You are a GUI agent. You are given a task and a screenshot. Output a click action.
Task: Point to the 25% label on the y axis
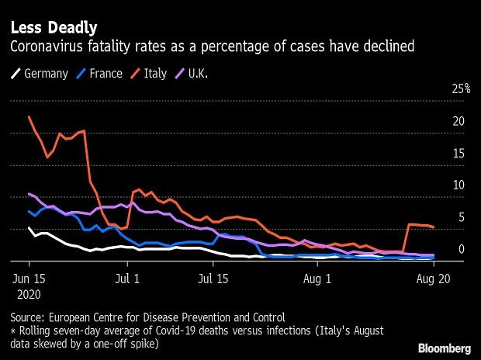461,89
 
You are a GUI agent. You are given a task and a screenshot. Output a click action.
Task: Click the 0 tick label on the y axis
461,248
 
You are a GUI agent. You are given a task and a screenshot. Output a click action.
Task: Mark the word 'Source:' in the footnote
29,317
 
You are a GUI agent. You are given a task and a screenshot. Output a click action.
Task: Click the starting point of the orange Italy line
29,117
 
